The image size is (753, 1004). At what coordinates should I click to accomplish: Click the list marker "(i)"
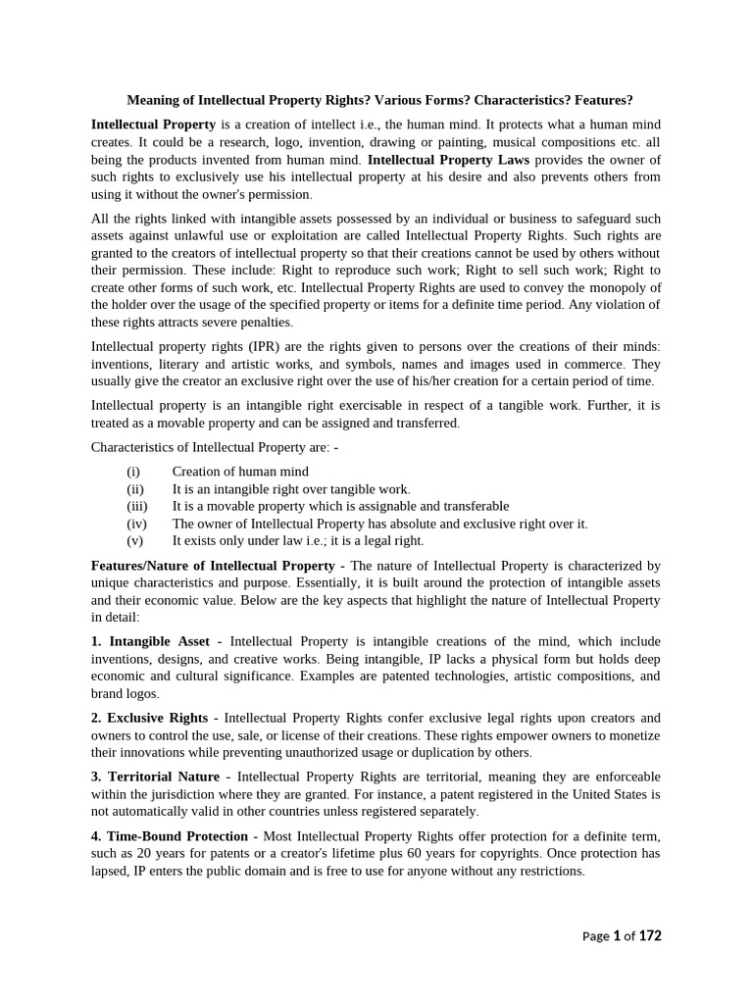134,472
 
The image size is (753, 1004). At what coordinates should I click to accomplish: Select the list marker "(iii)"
137,506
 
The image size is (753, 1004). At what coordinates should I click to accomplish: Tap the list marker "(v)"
135,540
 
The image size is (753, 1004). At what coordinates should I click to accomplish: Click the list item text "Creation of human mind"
240,472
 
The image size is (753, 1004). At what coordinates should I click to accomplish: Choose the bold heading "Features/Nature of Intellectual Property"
213,566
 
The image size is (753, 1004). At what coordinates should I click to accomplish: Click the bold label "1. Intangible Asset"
150,641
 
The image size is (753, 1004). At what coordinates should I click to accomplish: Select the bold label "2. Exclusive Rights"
149,718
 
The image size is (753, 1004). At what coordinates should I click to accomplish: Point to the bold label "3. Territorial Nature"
155,777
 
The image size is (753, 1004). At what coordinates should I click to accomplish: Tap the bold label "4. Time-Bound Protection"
169,835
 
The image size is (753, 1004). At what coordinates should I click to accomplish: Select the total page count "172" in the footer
650,935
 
